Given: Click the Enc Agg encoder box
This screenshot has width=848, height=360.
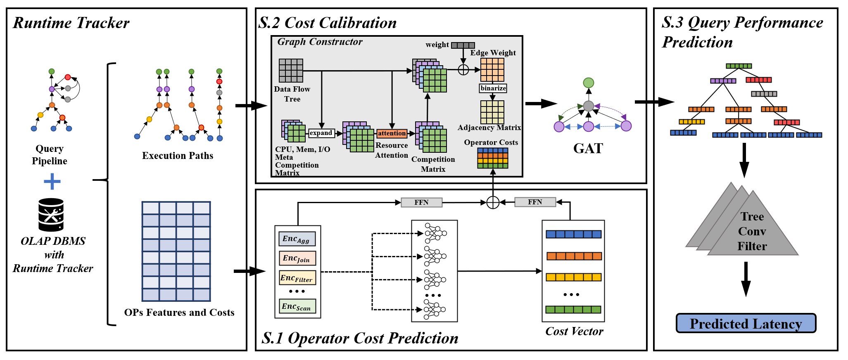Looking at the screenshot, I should point(297,239).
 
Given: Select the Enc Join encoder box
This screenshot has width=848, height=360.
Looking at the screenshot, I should point(297,258).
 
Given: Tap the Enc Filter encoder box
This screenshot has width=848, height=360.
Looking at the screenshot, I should point(297,278).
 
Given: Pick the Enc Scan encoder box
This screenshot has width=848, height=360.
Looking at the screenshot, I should point(297,306).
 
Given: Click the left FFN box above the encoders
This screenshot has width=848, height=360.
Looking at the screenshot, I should point(421,202).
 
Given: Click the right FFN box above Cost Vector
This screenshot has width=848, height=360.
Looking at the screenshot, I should point(535,202).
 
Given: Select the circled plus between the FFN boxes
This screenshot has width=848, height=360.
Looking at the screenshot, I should point(493,202).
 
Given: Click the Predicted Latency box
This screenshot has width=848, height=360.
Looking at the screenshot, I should point(746,323).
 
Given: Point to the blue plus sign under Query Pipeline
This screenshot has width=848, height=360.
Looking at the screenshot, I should point(52,181).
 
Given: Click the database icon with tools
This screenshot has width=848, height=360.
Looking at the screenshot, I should point(51,215).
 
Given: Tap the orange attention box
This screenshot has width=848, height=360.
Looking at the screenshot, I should point(392,133).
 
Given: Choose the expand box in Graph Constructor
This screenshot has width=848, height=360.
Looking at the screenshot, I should point(321,133).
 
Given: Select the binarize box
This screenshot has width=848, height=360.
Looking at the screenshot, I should point(493,88).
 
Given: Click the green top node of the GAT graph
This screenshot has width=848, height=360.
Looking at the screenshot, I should point(588,83).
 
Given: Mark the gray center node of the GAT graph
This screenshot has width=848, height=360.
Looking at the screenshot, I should point(588,106).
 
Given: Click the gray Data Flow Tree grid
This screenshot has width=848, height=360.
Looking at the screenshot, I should point(291,71).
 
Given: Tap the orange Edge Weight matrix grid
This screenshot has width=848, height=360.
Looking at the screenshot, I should point(492,70).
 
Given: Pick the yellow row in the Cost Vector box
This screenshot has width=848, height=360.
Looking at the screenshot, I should point(573,277).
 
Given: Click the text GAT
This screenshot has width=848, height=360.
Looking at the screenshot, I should point(588,148).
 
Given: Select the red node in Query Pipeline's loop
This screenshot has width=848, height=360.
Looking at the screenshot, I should point(68,77).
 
